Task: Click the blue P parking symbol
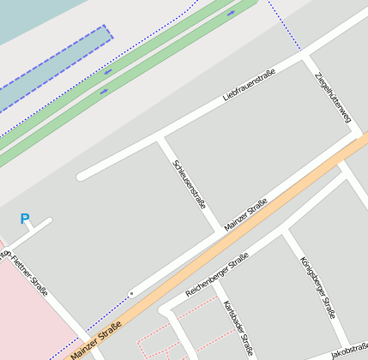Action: pos(24,219)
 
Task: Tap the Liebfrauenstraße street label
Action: pos(249,87)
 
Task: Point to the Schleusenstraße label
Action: pos(190,184)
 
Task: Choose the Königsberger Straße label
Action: pos(317,287)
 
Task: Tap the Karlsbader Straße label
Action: pos(238,328)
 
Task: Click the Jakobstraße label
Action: pos(349,350)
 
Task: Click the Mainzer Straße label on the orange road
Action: pos(96,339)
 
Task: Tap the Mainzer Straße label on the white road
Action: pos(245,214)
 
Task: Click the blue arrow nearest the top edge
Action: pos(231,14)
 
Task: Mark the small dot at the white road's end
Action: pos(131,293)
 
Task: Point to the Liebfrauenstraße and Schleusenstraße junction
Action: pos(160,138)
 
